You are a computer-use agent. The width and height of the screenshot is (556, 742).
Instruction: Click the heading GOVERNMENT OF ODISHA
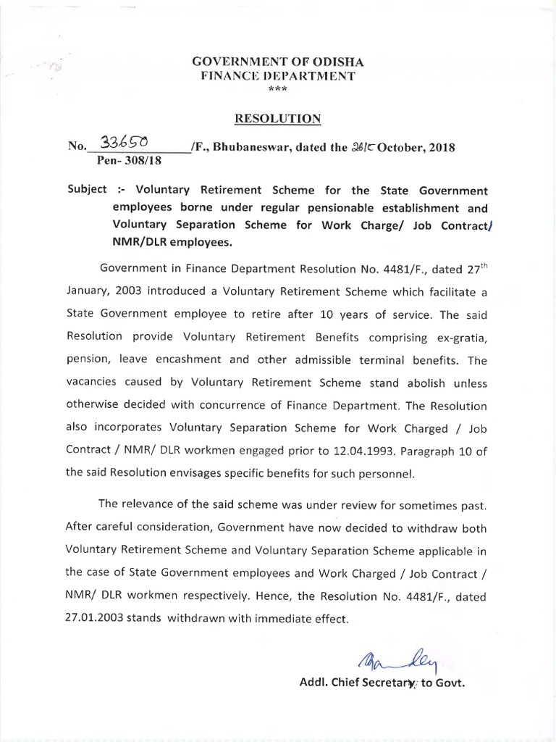(x=278, y=63)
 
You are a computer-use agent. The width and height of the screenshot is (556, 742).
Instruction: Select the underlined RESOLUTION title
(x=277, y=117)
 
